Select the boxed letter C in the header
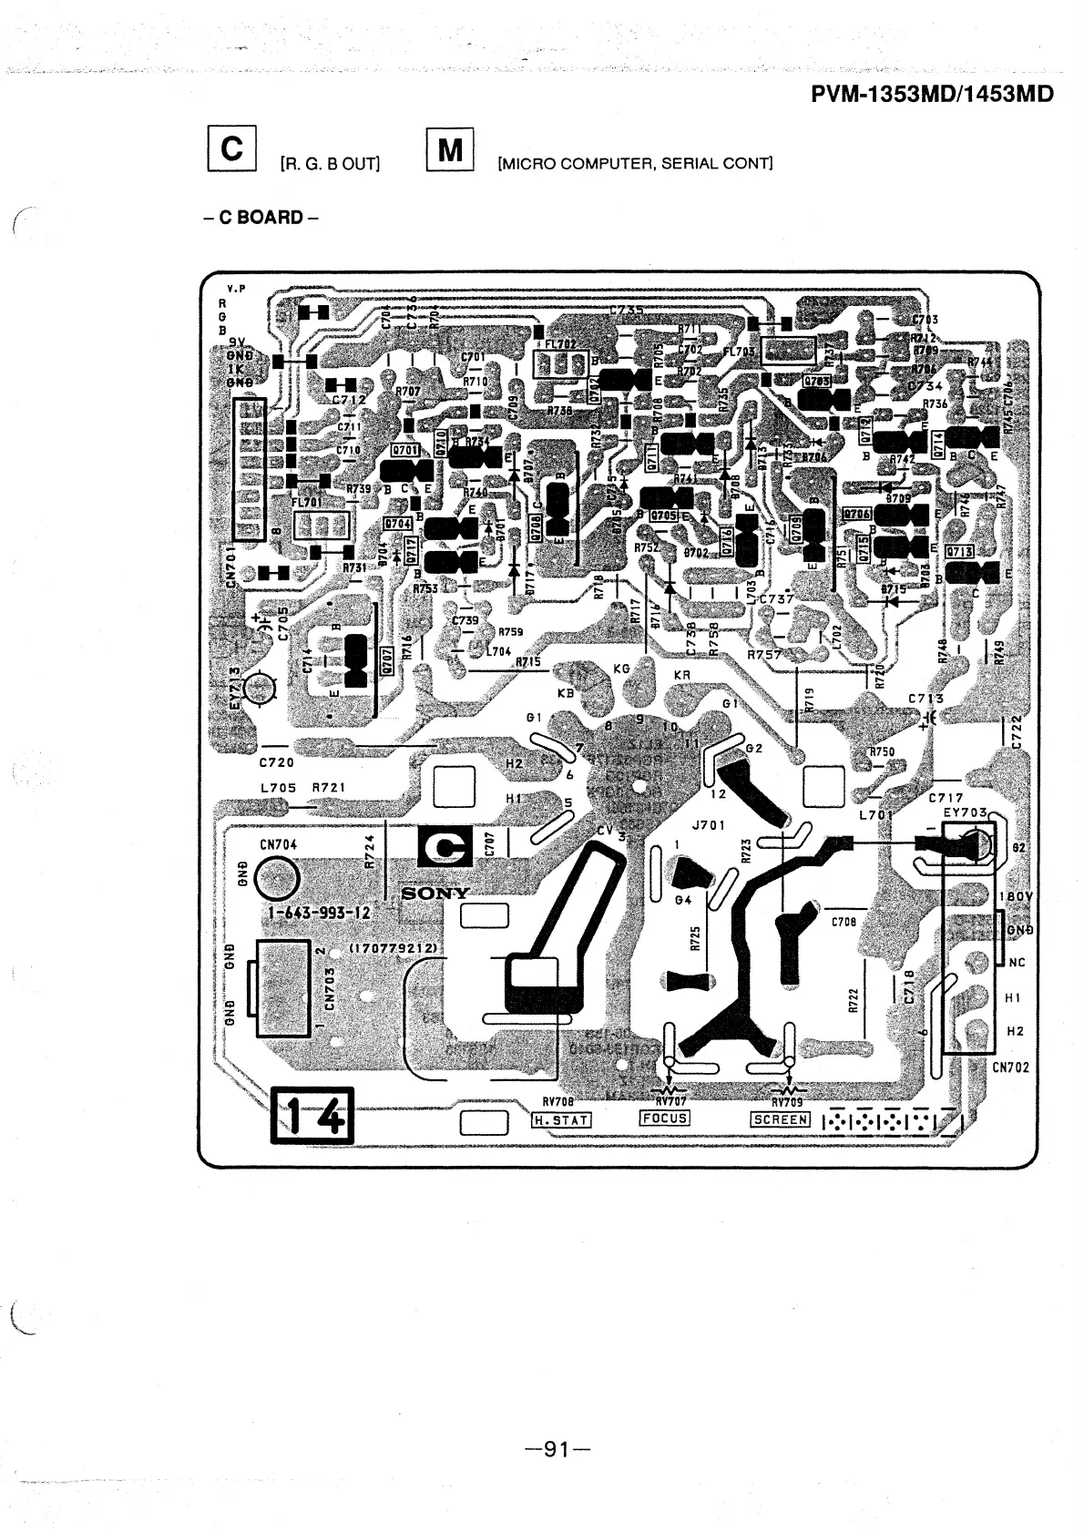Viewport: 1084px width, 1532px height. coord(232,149)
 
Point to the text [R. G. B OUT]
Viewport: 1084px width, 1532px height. coord(330,165)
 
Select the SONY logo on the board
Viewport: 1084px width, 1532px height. coord(435,894)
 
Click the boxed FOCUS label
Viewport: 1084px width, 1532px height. coord(665,1118)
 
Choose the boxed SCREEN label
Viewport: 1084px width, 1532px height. coord(780,1119)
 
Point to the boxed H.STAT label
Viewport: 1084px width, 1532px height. coord(561,1119)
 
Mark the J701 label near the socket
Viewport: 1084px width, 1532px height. coord(708,826)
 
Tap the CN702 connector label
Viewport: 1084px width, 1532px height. coord(1010,1067)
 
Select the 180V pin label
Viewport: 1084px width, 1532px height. coord(1015,896)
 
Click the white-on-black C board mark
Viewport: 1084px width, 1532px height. coord(445,847)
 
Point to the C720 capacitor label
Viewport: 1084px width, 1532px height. coord(277,762)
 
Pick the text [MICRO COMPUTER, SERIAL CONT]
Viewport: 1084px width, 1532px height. coord(634,165)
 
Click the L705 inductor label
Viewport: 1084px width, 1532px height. coord(276,788)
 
